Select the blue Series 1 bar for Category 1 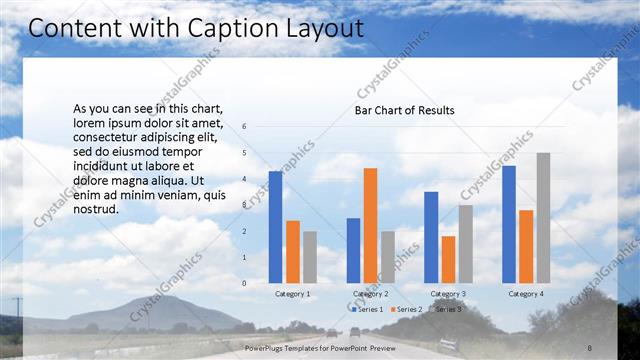pyautogui.click(x=275, y=227)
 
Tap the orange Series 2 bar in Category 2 pyautogui.click(x=370, y=225)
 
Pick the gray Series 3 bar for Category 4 pyautogui.click(x=543, y=218)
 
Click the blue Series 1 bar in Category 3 pyautogui.click(x=431, y=237)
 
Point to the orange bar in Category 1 pyautogui.click(x=293, y=252)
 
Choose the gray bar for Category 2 pyautogui.click(x=387, y=257)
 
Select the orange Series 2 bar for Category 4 pyautogui.click(x=526, y=246)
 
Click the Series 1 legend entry pyautogui.click(x=366, y=309)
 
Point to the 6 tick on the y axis pyautogui.click(x=244, y=127)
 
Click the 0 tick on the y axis pyautogui.click(x=244, y=283)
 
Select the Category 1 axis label pyautogui.click(x=293, y=294)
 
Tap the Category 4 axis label pyautogui.click(x=526, y=294)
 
